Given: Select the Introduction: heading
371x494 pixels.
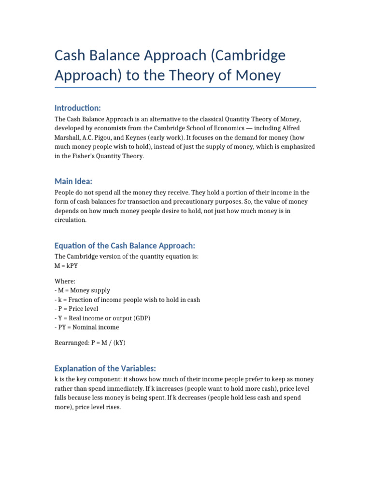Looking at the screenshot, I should (78, 107).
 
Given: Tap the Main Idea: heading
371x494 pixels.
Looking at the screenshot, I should (73, 181).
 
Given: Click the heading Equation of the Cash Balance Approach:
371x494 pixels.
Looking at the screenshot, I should (125, 246).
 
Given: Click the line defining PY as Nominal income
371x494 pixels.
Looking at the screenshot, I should (86, 327).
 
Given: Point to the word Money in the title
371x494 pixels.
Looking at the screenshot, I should (260, 76).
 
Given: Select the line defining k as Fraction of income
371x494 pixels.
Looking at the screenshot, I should (127, 300).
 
